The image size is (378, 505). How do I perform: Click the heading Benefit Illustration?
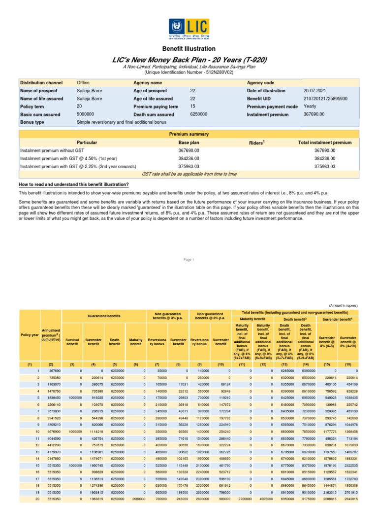pos(189,49)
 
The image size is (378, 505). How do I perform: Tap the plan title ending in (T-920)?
pos(189,60)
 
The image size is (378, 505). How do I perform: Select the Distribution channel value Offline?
pos(83,83)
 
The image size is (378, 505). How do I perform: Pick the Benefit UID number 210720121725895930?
pos(325,99)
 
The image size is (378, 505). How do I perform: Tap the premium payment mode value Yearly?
pos(311,107)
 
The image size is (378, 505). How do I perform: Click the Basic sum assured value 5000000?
pos(88,114)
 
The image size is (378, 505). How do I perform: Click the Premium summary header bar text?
pos(189,134)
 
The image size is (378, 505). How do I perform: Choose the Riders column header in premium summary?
pos(257,143)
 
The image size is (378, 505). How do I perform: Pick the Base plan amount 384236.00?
pos(188,158)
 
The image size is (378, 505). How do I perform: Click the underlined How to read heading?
pos(73,184)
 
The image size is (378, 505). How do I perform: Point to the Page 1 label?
pos(189,260)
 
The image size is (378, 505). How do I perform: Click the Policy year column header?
pos(29,335)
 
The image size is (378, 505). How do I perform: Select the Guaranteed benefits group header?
pos(103,315)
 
